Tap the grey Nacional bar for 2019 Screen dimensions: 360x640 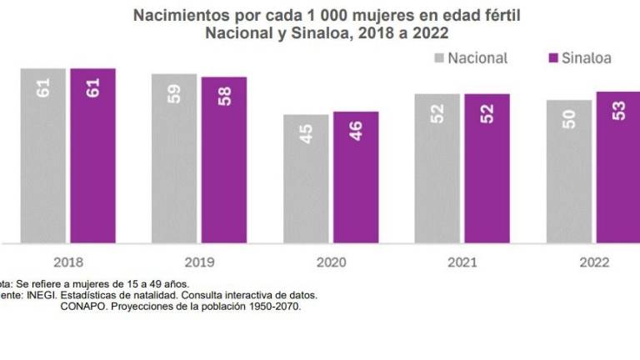pos(174,158)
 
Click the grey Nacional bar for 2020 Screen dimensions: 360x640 pos(306,179)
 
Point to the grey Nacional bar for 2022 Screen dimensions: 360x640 pos(569,172)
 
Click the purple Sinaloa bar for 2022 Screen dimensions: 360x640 pos(618,167)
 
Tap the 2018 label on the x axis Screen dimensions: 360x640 pos(67,262)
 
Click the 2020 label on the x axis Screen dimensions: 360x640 pos(331,262)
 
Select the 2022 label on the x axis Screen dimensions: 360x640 pos(593,262)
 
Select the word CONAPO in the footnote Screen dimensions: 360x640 pos(83,306)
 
